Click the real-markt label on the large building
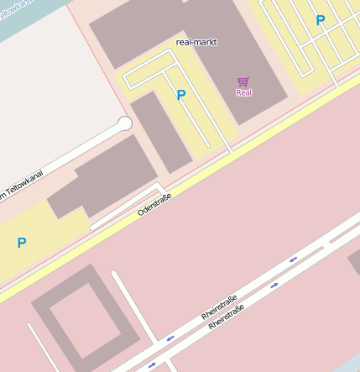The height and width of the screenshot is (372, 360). point(197,41)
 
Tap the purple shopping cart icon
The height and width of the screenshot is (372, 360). point(243,81)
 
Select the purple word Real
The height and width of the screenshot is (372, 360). point(243,92)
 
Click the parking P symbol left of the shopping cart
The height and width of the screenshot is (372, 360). point(180,96)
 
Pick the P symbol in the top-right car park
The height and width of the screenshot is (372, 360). point(320,20)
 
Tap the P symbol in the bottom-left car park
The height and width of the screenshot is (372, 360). point(22,243)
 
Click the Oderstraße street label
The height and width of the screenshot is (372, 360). point(154,204)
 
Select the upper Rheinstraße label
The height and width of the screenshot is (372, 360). point(220,306)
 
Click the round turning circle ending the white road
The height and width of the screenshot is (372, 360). point(125,124)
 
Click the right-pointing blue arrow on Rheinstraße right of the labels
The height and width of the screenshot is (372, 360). point(274,286)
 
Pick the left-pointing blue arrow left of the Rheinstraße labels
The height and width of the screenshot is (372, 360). point(170,338)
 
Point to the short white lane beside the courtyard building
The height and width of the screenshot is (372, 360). point(133,307)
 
